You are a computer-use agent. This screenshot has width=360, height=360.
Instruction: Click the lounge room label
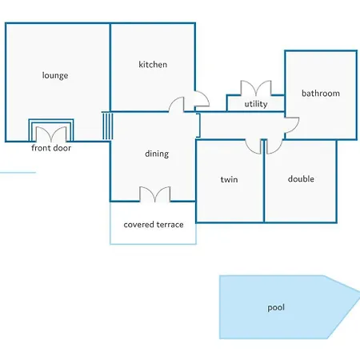(55, 76)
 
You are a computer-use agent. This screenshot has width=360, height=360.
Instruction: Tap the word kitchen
(153, 64)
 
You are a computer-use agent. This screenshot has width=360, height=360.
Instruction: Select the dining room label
(157, 154)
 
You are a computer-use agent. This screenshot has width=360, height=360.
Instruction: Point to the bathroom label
(321, 93)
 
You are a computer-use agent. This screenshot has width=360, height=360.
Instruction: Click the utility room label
(256, 104)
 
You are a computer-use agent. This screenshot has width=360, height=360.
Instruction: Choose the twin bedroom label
(229, 179)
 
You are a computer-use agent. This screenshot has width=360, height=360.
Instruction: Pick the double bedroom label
(301, 178)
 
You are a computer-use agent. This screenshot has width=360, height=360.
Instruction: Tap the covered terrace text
(154, 225)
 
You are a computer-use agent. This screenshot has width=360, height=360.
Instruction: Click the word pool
(276, 307)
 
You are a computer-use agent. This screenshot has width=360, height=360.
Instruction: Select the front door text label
(51, 148)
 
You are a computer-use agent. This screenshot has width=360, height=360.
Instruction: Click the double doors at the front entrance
(51, 134)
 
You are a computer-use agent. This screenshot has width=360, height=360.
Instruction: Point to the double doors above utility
(256, 88)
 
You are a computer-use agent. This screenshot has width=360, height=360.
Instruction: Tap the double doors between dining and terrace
(155, 194)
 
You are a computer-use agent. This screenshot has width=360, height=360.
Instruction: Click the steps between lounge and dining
(107, 126)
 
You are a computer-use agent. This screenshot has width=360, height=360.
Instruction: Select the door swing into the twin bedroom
(254, 147)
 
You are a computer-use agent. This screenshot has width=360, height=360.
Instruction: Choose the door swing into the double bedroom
(274, 147)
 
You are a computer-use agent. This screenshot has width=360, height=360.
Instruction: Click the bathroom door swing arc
(292, 125)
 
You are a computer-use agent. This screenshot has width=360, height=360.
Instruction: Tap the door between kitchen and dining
(177, 104)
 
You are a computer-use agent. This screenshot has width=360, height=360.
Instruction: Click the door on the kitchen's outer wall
(202, 98)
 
